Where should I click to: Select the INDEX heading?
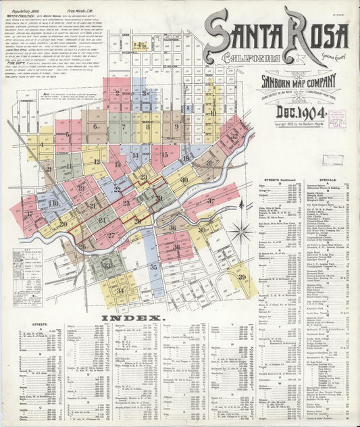141,318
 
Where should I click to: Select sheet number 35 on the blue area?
153,267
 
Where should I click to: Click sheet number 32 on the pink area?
234,135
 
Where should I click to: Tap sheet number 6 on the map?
96,126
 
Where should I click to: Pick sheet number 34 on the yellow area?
120,291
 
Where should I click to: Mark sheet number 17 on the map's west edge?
29,215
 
